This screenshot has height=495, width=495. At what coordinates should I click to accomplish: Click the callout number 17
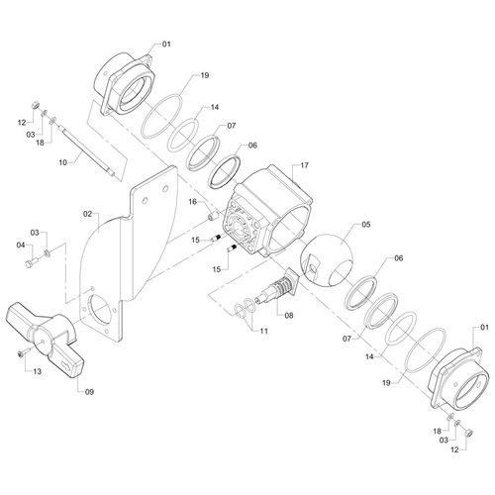pyautogui.click(x=304, y=165)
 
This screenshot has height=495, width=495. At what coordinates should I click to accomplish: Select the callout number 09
pyautogui.click(x=89, y=392)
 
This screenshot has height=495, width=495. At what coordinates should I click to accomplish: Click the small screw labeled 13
pyautogui.click(x=24, y=352)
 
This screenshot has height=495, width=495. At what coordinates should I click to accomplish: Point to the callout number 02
pyautogui.click(x=87, y=214)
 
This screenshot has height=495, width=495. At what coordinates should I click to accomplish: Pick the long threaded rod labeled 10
pyautogui.click(x=87, y=148)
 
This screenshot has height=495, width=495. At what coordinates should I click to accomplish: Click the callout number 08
pyautogui.click(x=289, y=316)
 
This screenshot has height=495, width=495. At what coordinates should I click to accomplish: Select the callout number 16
pyautogui.click(x=192, y=202)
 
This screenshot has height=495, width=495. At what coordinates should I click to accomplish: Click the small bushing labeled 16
pyautogui.click(x=212, y=216)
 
